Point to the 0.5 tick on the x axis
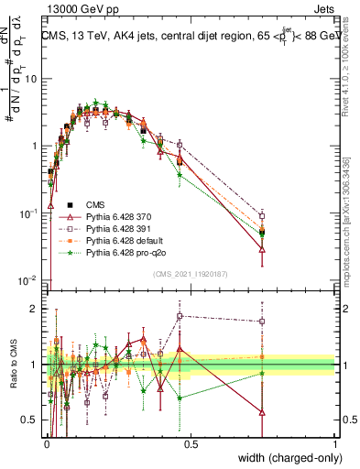coord(191,444)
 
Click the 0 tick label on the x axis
coord(47,444)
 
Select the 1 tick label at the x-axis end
coord(334,444)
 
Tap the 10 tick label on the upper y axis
coord(30,78)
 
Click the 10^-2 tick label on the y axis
coord(27,280)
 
